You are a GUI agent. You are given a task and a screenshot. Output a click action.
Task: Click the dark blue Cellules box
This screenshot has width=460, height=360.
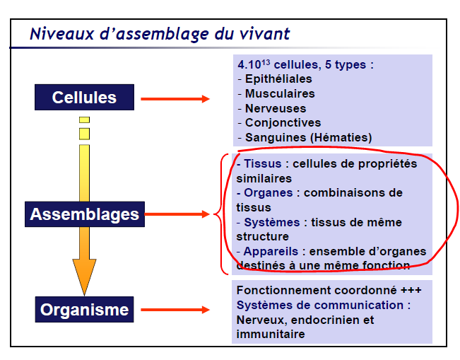coord(85,97)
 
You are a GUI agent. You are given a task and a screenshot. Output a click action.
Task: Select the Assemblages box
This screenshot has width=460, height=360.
coord(85,214)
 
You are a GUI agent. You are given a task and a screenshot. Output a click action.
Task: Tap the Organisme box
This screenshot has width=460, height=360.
coord(85,310)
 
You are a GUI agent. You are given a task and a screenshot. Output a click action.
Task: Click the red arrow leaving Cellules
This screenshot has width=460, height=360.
coord(175,99)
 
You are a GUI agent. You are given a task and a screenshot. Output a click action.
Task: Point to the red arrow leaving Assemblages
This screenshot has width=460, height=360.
coord(177,214)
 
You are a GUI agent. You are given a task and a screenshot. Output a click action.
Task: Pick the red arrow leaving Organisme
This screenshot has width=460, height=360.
coord(175,310)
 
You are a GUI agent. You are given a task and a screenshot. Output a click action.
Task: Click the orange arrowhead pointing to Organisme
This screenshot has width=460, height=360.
coord(85,276)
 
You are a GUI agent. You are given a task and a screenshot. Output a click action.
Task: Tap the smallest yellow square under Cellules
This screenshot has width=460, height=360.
coord(85,120)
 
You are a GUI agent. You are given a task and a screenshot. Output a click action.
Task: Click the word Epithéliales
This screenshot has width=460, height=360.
coord(278,79)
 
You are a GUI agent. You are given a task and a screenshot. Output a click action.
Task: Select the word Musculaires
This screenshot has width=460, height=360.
coord(280,93)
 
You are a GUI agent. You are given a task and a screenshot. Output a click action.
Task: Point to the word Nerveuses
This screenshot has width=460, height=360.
coord(276,108)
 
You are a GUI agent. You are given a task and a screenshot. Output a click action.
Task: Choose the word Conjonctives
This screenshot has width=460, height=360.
coord(283,123)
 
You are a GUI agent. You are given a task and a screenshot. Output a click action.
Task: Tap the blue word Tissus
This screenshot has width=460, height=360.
coord(263,163)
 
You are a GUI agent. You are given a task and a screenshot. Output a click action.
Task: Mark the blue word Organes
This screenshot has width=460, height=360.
coord(269,193)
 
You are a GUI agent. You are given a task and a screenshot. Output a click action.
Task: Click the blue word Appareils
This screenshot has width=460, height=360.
coord(271,251)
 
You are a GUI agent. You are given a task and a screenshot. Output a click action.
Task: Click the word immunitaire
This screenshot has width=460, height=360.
coord(271,334)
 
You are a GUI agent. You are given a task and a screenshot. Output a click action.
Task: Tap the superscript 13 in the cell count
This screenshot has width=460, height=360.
coord(266,62)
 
